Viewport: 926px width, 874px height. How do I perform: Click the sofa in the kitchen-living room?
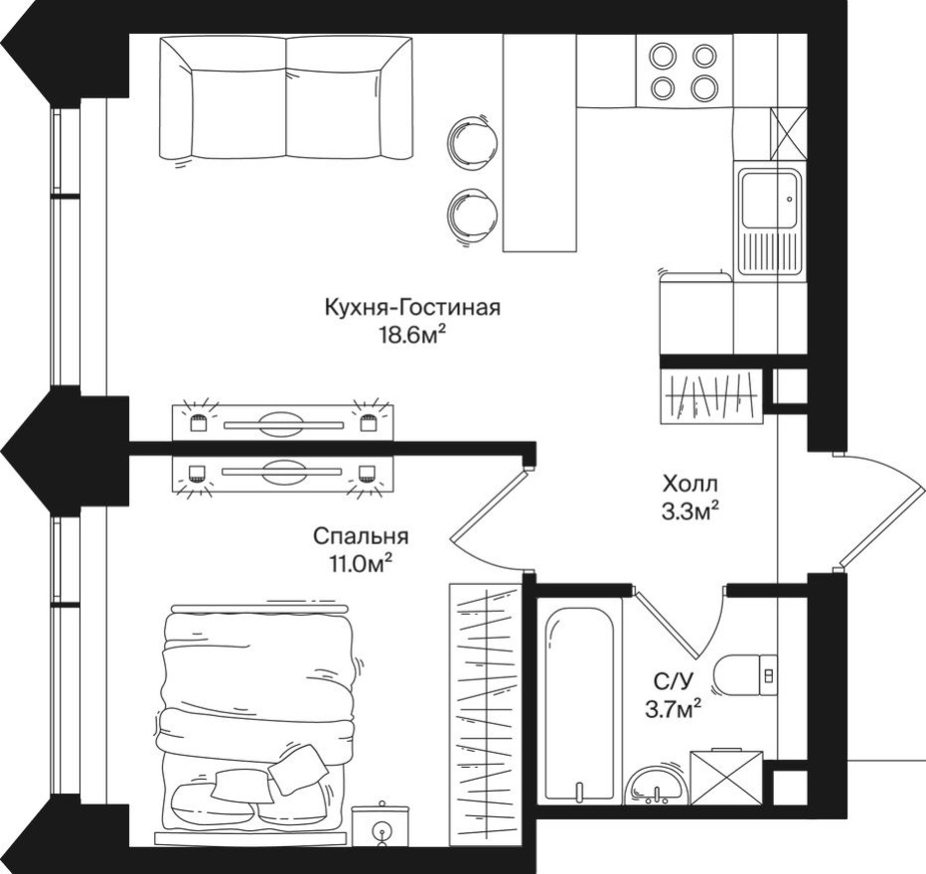[x=286, y=99]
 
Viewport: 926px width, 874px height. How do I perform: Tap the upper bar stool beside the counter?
[x=469, y=138]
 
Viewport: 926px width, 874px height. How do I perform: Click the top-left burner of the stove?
[x=663, y=57]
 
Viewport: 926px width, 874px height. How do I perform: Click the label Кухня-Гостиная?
[x=412, y=307]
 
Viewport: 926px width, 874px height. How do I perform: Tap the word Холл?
[x=691, y=485]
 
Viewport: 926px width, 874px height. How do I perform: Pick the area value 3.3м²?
[x=691, y=511]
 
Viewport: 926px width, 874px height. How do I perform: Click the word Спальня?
[x=361, y=536]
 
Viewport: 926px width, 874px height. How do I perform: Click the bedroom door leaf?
[x=489, y=509]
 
